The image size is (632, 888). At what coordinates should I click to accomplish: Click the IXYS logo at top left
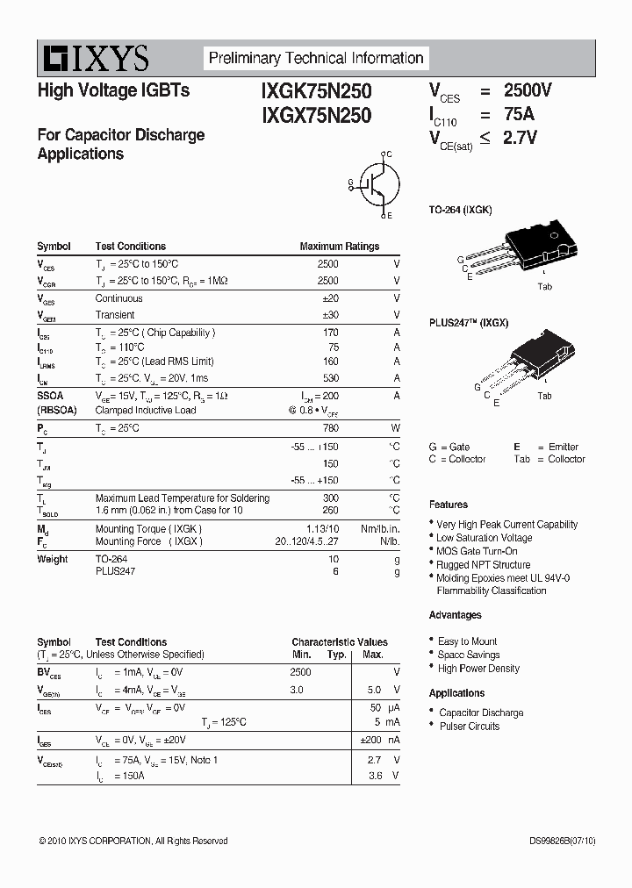click(93, 59)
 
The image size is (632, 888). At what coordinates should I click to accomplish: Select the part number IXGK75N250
click(316, 91)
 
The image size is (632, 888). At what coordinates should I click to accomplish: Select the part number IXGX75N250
click(316, 115)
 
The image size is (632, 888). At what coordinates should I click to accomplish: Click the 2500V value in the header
click(527, 90)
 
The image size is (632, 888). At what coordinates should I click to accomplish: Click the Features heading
click(448, 505)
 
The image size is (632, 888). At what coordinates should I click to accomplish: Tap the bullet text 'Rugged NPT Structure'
click(483, 565)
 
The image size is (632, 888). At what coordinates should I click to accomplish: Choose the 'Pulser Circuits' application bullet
click(469, 727)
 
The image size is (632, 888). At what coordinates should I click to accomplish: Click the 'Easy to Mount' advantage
click(467, 641)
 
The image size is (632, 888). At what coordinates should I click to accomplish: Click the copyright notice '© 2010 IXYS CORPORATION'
click(133, 841)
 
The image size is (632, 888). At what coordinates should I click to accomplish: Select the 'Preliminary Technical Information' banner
click(315, 59)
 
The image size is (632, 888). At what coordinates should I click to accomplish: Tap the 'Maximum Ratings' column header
click(339, 247)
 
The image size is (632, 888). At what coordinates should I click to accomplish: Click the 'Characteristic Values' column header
click(339, 642)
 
